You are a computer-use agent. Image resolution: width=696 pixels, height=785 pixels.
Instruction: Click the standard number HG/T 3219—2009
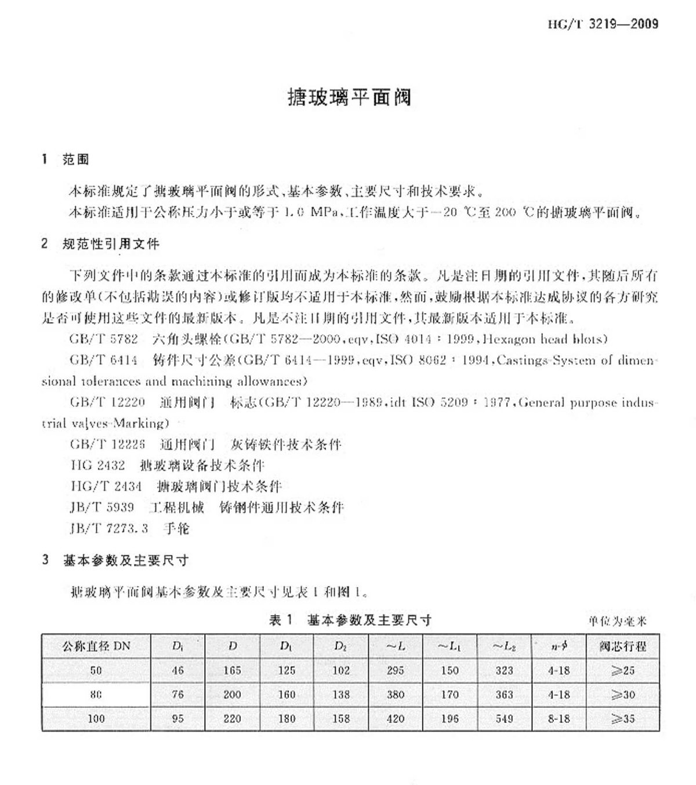[603, 24]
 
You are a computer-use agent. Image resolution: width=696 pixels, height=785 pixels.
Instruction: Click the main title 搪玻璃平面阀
[349, 97]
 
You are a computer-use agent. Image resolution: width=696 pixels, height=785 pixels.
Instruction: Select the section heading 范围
[75, 159]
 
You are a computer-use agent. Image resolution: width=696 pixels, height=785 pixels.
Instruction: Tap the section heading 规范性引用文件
[110, 244]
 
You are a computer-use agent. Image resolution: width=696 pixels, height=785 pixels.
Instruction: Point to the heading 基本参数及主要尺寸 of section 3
[125, 561]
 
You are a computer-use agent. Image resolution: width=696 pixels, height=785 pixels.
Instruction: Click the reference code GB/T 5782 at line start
[103, 339]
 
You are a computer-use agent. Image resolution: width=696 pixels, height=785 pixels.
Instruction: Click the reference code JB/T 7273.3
[109, 528]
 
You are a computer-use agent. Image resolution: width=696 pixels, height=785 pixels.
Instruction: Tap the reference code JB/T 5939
[102, 507]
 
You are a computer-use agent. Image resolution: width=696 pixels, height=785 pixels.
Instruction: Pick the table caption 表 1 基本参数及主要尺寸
[350, 620]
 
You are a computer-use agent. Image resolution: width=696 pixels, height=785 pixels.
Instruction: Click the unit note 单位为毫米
[617, 622]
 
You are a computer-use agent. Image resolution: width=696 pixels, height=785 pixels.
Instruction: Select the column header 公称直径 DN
[96, 646]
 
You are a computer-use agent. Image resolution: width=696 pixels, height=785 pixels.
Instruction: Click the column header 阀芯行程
[622, 646]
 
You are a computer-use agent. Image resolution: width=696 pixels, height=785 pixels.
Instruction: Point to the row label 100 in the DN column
[96, 719]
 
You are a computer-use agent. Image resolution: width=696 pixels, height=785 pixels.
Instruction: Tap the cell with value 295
[396, 671]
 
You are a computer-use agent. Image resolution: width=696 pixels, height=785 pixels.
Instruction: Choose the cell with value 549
[504, 719]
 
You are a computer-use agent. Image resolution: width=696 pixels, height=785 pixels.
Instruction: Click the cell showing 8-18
[559, 719]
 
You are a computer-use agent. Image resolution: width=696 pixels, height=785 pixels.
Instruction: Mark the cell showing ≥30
[622, 695]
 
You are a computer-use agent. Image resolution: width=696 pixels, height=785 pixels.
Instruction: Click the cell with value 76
[177, 695]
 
